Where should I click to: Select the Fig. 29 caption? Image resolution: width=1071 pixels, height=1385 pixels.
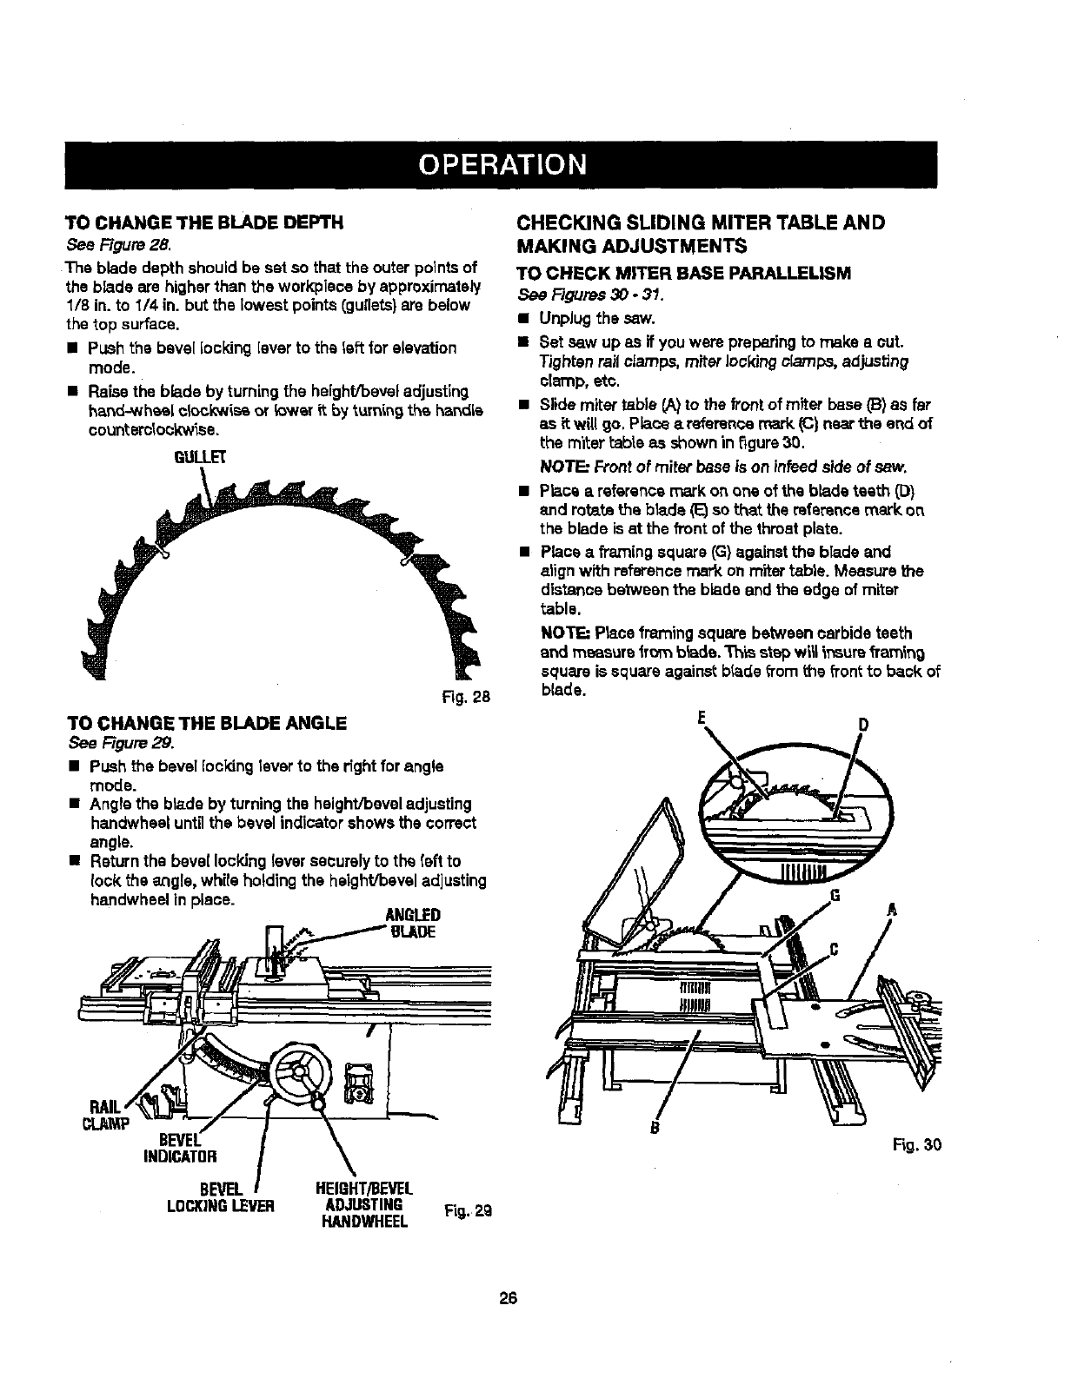click(x=467, y=1209)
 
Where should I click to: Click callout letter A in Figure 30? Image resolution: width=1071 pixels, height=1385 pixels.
click(x=890, y=911)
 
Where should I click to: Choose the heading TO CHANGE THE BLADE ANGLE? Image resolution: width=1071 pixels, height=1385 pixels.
click(x=207, y=723)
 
